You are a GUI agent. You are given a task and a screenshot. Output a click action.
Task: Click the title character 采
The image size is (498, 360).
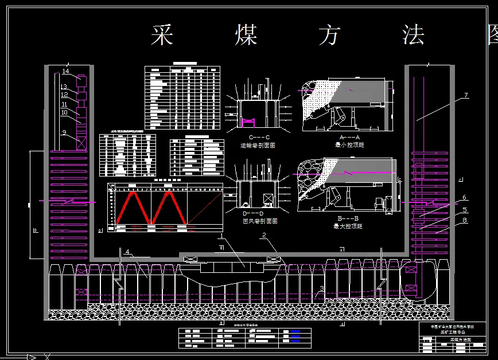click(x=162, y=35)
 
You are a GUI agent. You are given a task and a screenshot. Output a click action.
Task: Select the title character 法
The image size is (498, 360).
click(x=413, y=35)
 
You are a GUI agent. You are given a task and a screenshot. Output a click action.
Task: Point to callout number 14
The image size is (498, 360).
click(x=66, y=72)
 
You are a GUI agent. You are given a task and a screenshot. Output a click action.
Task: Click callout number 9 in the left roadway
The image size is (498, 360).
click(x=65, y=132)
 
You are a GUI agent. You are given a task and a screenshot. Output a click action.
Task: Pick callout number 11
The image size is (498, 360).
click(x=64, y=104)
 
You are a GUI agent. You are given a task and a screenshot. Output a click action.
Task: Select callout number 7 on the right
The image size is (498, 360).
click(x=466, y=96)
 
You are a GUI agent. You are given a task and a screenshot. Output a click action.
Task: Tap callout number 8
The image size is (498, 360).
click(x=465, y=220)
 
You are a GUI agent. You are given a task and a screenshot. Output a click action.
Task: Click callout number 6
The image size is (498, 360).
click(x=465, y=198)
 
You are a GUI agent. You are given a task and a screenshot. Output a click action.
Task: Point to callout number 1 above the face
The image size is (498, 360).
click(x=221, y=236)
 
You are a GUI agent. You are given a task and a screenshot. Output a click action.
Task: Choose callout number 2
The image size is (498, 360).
click(x=264, y=236)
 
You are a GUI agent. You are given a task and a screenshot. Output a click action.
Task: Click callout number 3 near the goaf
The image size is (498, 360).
click(x=322, y=289)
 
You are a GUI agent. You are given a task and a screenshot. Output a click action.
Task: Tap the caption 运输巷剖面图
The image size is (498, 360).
click(x=258, y=146)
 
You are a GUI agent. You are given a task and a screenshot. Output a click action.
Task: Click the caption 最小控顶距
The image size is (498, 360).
click(x=349, y=145)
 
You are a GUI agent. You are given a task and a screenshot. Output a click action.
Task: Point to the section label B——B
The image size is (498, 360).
click(x=349, y=218)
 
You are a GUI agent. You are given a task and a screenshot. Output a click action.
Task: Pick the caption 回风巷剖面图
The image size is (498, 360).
click(x=260, y=221)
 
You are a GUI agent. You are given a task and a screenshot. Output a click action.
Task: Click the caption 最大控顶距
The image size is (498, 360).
click(x=349, y=226)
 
